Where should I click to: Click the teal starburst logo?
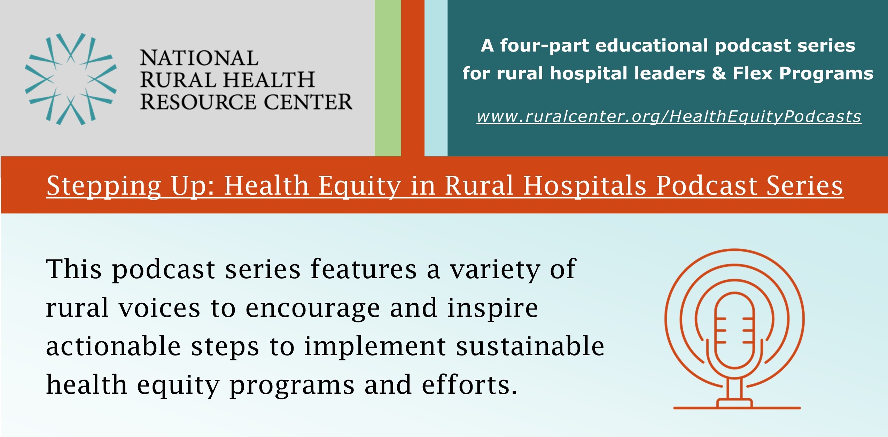tap(71, 79)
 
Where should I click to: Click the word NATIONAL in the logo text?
tap(199, 58)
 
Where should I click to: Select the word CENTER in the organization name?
tap(308, 102)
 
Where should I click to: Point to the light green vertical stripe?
tap(388, 78)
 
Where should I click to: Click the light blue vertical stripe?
tap(436, 78)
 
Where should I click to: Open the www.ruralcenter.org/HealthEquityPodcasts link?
tap(669, 116)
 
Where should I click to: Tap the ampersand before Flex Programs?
tap(719, 73)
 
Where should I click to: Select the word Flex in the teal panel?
tap(753, 73)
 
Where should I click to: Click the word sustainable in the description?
tap(530, 346)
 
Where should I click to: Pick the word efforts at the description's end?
tap(469, 385)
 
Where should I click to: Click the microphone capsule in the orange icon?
tap(734, 330)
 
